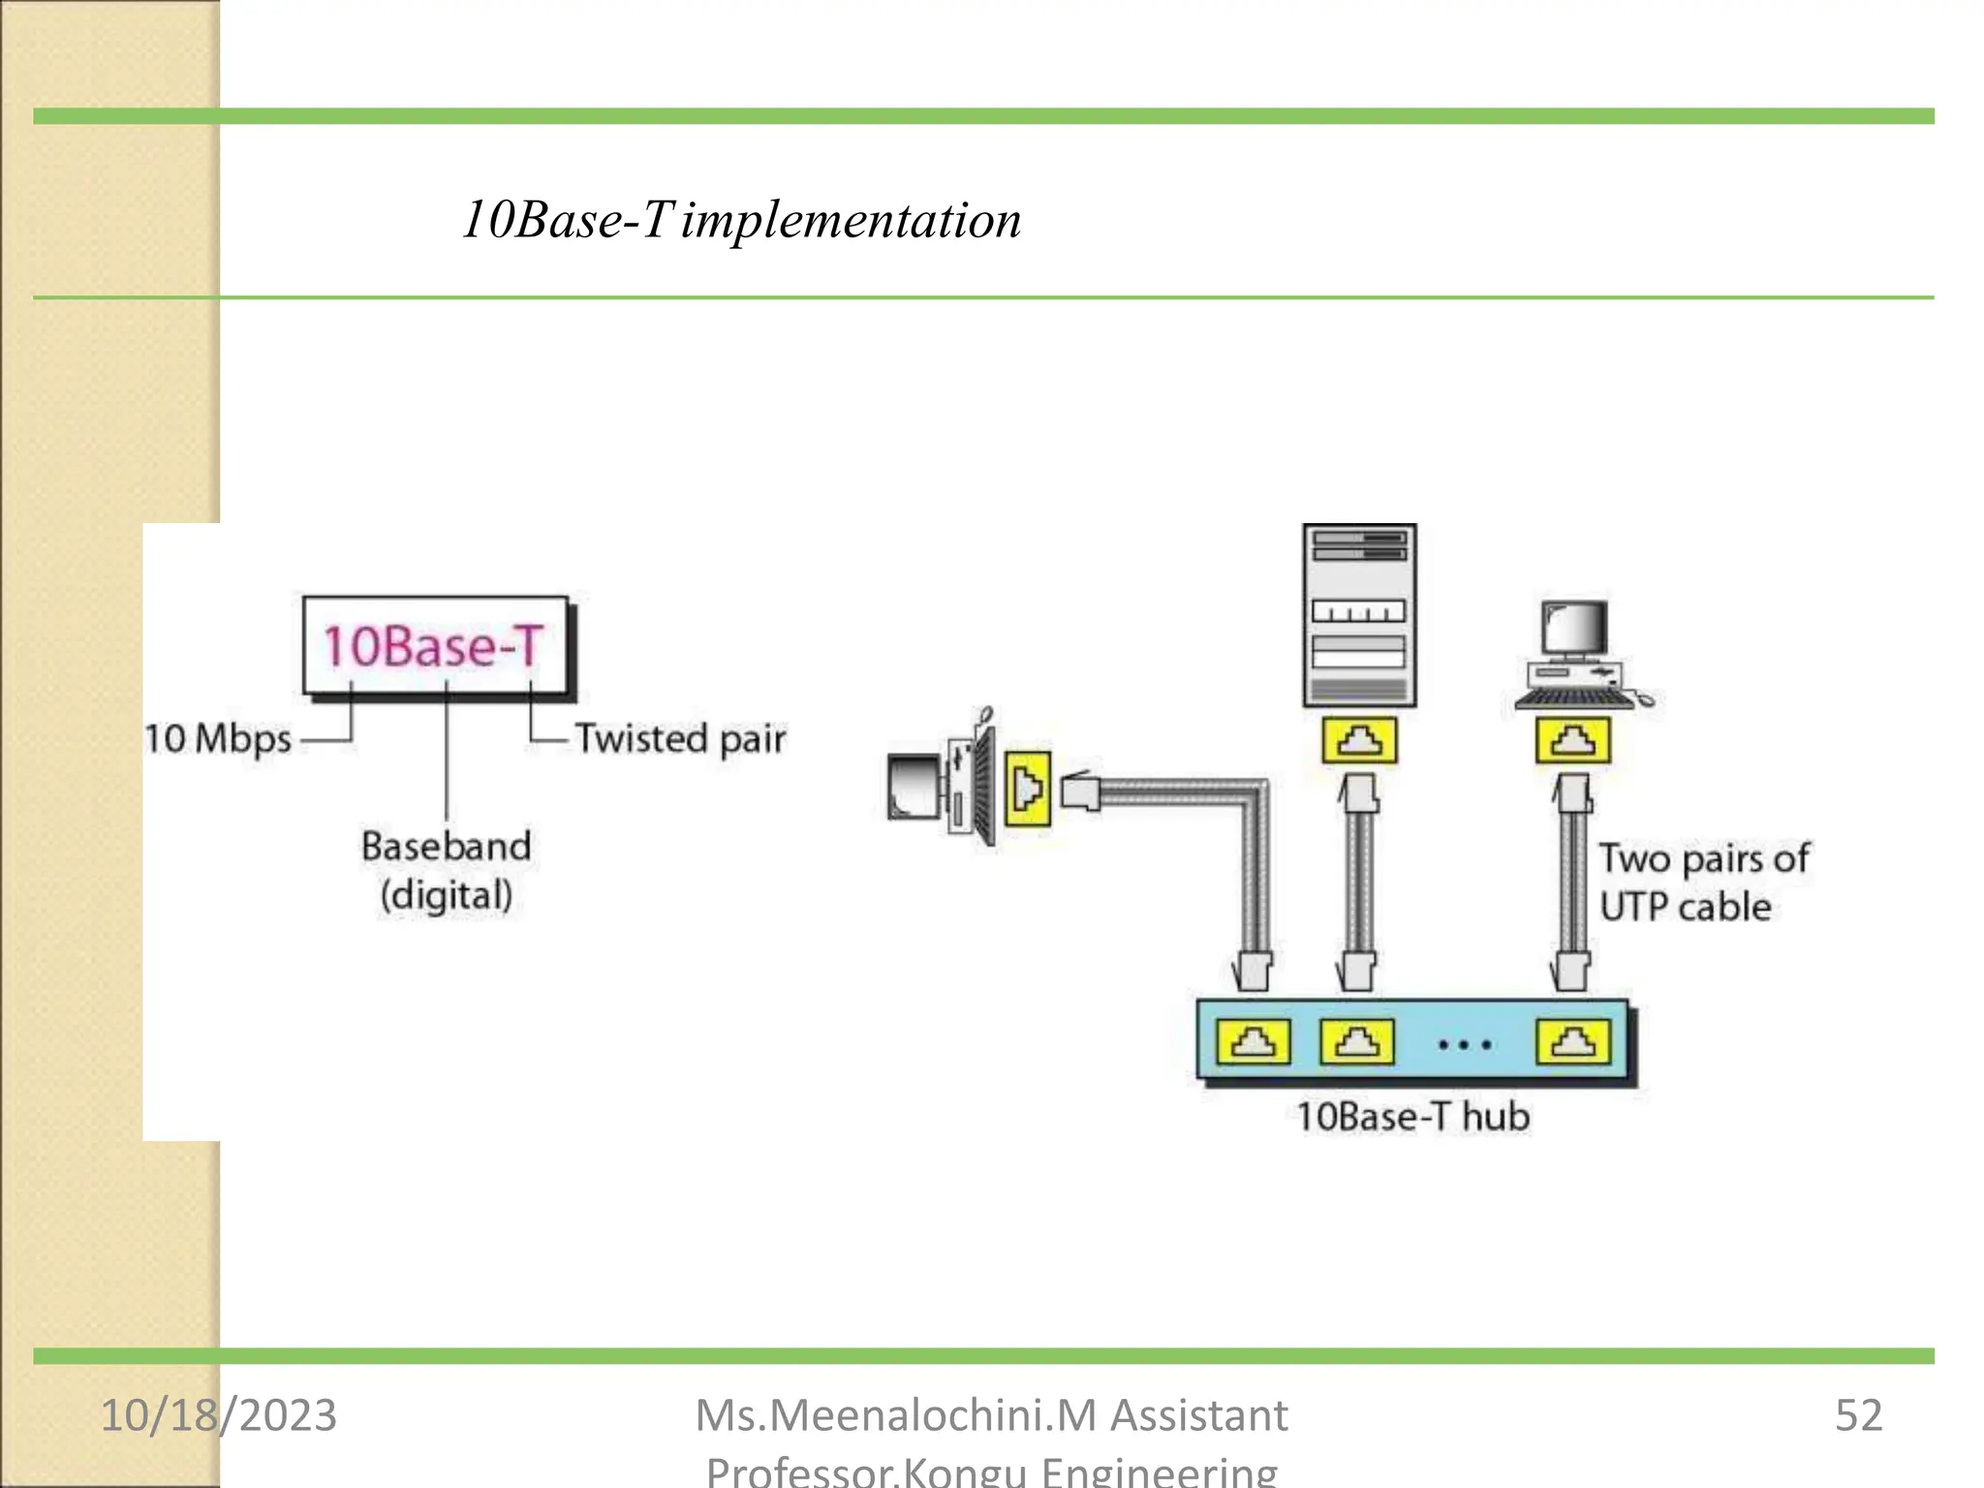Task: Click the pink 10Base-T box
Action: pyautogui.click(x=435, y=646)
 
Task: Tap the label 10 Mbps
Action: pyautogui.click(x=217, y=739)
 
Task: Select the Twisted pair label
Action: pyautogui.click(x=680, y=739)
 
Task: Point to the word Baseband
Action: pyautogui.click(x=446, y=847)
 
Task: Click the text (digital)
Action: pyautogui.click(x=446, y=895)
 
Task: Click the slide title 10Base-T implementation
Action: pyautogui.click(x=741, y=220)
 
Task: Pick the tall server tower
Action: pyautogui.click(x=1359, y=615)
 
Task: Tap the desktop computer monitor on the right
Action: pyautogui.click(x=1575, y=630)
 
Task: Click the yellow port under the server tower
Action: pyautogui.click(x=1359, y=741)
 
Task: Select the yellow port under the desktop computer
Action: pyautogui.click(x=1573, y=741)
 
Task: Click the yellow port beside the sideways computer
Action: pyautogui.click(x=1028, y=790)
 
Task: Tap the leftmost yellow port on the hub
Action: pyautogui.click(x=1254, y=1042)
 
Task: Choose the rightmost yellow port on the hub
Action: pyautogui.click(x=1573, y=1042)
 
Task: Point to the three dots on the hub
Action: pyautogui.click(x=1465, y=1045)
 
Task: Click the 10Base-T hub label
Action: pyautogui.click(x=1413, y=1117)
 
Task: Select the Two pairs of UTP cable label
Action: pyautogui.click(x=1702, y=883)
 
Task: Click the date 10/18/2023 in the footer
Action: pyautogui.click(x=219, y=1415)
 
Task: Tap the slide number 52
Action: pyautogui.click(x=1858, y=1415)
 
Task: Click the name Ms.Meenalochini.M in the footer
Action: pyautogui.click(x=896, y=1415)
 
